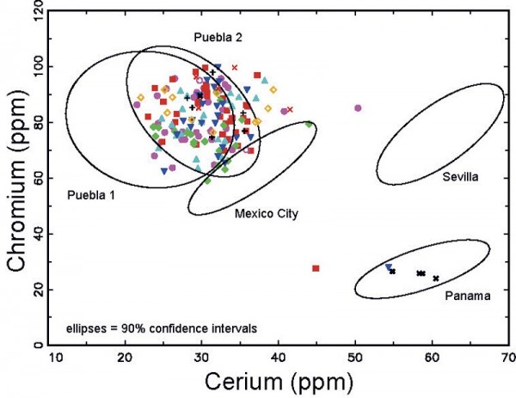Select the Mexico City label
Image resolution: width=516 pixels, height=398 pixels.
tap(266, 213)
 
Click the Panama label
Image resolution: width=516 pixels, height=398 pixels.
tap(468, 296)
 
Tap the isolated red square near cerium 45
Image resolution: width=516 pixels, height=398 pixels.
tap(316, 269)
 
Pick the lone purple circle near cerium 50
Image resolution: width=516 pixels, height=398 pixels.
tap(358, 107)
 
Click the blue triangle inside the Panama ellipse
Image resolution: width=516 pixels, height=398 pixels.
tap(389, 267)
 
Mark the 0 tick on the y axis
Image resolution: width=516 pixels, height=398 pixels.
tap(44, 345)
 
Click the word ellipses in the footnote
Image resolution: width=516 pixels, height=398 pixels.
tap(89, 328)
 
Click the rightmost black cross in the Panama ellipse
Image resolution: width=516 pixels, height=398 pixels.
tap(436, 279)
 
